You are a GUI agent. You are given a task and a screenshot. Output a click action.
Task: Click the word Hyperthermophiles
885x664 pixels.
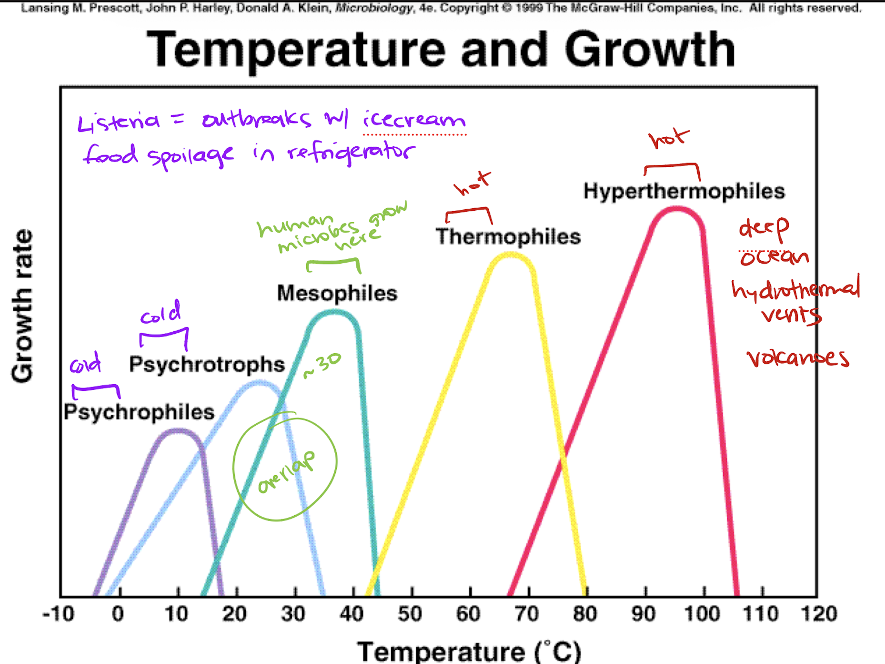coord(684,192)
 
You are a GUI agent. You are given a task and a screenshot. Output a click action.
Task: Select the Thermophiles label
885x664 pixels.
coord(508,237)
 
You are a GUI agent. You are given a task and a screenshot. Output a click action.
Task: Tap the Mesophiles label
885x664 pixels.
coord(337,294)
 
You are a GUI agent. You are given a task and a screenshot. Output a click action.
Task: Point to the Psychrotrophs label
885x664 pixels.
coord(207,365)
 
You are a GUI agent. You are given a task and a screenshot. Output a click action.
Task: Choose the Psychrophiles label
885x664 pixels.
coord(139,412)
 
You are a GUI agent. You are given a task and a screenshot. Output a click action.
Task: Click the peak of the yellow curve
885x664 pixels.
coord(510,256)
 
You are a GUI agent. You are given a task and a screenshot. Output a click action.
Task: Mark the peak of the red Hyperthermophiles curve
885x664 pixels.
coord(676,209)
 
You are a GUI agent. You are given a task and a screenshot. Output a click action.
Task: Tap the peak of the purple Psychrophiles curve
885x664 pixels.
coord(178,431)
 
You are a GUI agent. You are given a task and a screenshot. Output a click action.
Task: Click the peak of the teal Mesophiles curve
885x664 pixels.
coord(334,313)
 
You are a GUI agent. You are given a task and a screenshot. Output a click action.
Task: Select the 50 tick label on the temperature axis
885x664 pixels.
coord(410,614)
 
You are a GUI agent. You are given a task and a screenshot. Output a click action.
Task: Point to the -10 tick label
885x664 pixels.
coord(58,614)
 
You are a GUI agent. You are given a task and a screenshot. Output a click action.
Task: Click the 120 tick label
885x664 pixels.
coord(819,614)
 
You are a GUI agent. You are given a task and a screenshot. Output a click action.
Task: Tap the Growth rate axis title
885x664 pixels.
coord(22,306)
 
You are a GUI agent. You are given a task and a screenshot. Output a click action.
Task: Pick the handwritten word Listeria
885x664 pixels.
coord(118,122)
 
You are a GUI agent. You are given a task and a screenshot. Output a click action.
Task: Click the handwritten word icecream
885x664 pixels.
coord(413,119)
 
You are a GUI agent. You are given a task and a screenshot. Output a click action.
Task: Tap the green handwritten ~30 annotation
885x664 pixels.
coord(322,365)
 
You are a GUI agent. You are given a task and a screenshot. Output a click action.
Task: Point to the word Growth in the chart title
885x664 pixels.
coord(650,50)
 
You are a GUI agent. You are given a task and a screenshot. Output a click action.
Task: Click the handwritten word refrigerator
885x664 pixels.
coord(351,153)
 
